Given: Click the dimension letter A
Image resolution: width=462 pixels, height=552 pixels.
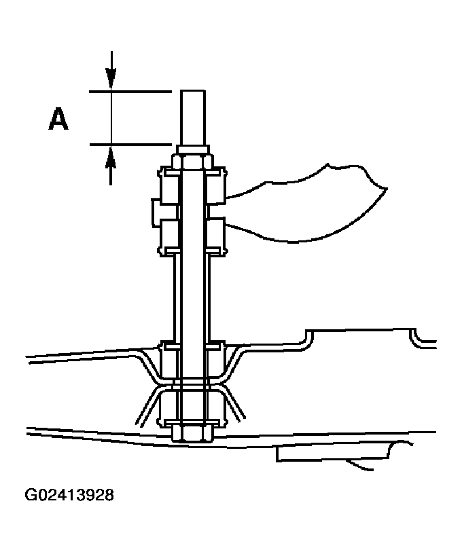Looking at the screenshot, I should (58, 119).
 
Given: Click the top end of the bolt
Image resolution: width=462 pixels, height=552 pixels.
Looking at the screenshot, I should (192, 92).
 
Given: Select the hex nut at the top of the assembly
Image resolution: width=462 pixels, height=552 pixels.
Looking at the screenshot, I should (192, 162).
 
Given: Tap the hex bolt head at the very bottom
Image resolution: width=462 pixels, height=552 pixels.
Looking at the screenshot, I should (192, 433).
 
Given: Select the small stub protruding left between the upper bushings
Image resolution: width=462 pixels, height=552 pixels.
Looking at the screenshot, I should (156, 211).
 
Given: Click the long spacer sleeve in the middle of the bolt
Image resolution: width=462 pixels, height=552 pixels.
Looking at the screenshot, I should (192, 299).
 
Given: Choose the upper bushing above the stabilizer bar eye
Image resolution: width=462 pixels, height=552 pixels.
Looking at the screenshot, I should (192, 186).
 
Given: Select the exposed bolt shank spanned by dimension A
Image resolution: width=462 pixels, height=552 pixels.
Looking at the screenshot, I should (192, 119).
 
